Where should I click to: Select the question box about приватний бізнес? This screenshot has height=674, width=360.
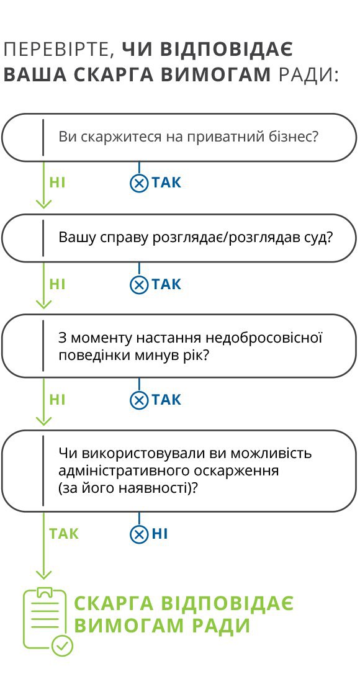coord(179,138)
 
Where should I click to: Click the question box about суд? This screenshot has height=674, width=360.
coord(179,238)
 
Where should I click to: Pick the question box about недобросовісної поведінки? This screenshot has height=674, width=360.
coord(179,346)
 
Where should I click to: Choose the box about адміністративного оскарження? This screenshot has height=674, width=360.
coord(179,470)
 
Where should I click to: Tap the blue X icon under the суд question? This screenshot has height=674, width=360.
coord(138,285)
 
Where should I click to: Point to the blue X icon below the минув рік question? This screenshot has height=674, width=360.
coord(138,400)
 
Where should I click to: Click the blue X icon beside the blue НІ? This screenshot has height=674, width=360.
coord(138,534)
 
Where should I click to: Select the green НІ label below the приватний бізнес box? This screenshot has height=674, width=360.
coord(57,183)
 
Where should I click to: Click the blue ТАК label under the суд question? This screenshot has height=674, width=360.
coord(166,285)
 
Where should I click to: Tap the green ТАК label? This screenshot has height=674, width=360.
coord(64,534)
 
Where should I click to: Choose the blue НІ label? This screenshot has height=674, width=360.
coord(160,534)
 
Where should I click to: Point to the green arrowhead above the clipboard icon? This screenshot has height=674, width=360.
coord(43,574)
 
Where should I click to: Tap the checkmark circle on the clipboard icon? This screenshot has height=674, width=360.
coord(62,645)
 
